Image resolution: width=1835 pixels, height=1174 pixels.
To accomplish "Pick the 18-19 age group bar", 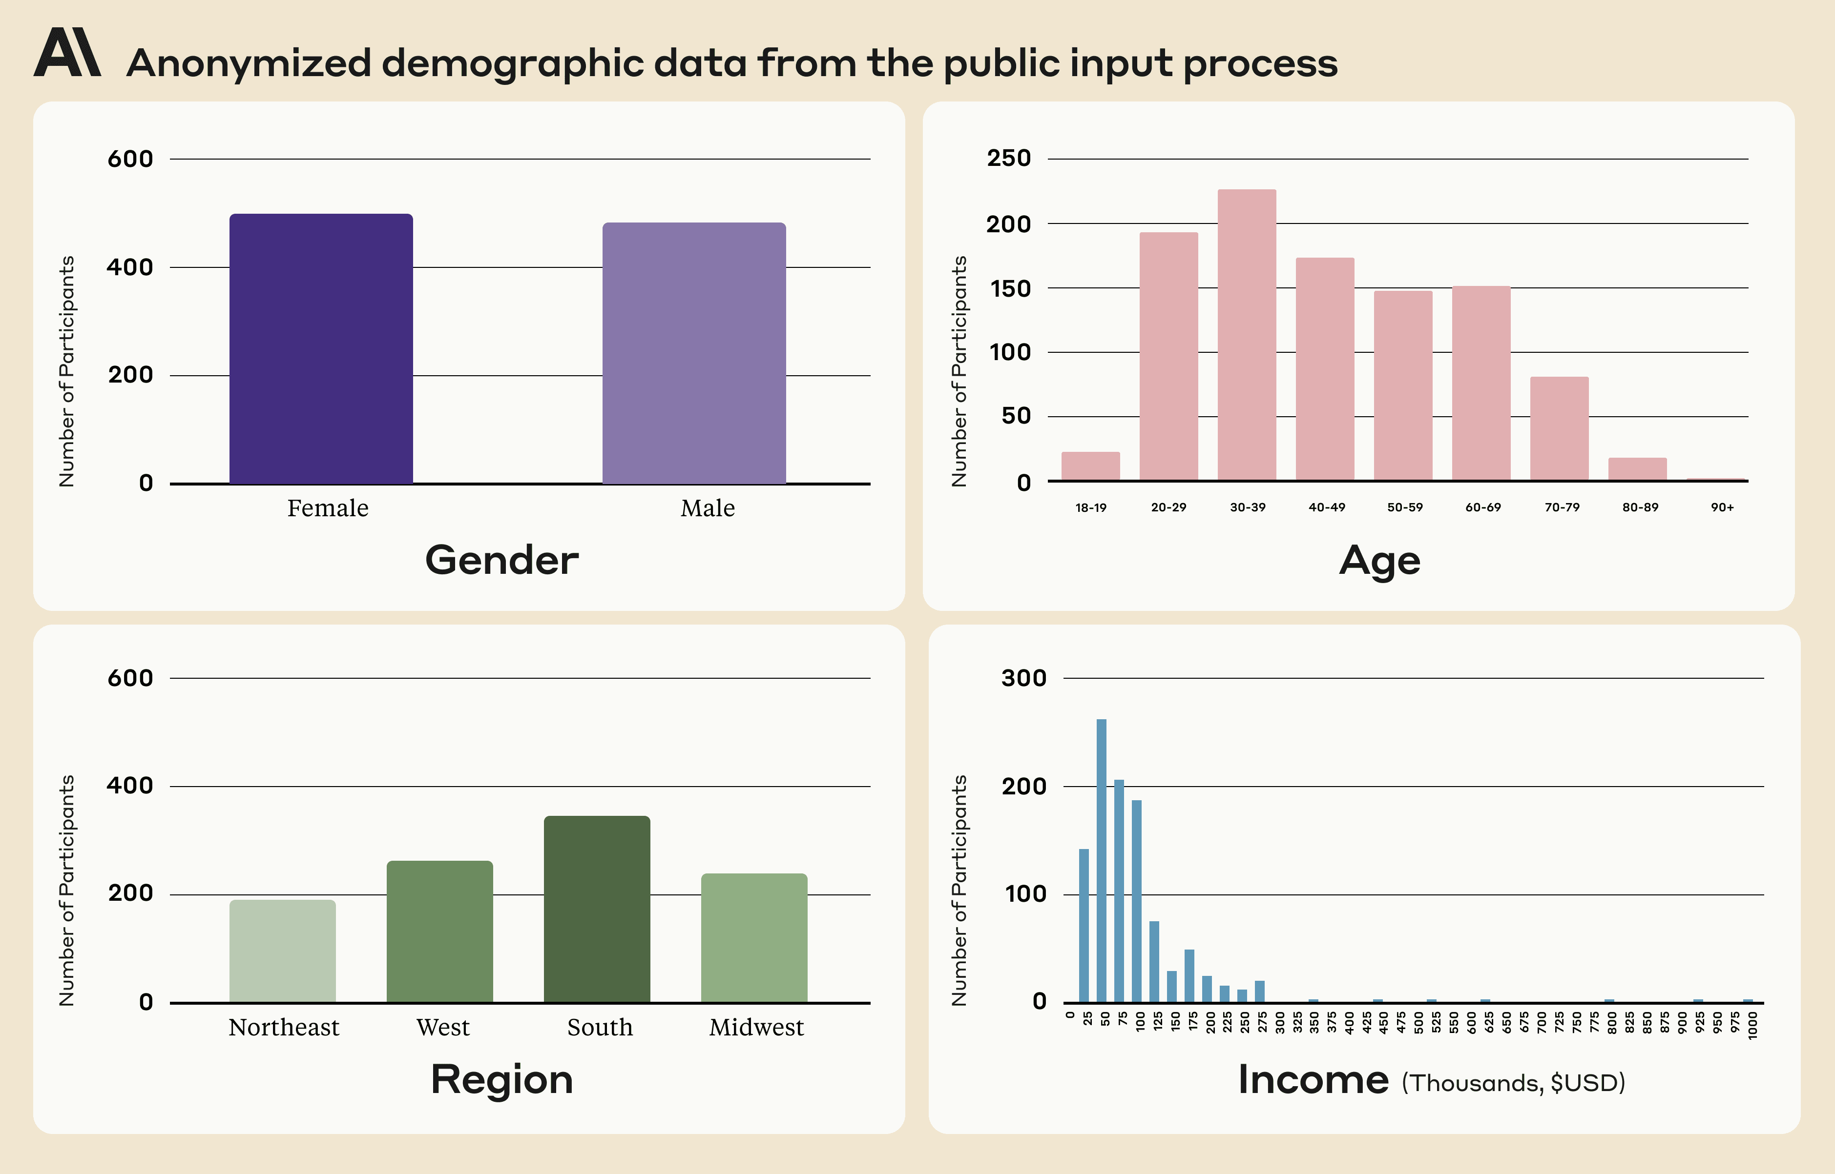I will coord(1091,466).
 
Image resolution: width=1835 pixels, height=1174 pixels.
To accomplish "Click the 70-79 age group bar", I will coord(1559,428).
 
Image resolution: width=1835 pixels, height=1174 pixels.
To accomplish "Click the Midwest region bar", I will coord(754,938).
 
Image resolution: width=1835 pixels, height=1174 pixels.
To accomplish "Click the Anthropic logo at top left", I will coord(67,53).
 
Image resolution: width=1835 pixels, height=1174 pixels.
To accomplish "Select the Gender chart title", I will coord(502,560).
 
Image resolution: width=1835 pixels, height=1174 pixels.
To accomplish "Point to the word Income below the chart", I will coord(1313,1079).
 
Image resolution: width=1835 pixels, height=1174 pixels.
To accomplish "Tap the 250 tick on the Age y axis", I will coord(1008,159).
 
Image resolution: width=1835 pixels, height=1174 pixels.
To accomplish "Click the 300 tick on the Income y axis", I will coord(1023,678).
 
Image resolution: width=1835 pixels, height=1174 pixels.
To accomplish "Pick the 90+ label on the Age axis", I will coord(1722,507).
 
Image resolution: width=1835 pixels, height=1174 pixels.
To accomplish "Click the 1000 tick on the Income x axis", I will coord(1752,1025).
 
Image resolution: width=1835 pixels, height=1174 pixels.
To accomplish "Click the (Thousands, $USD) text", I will coord(1513,1083).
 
